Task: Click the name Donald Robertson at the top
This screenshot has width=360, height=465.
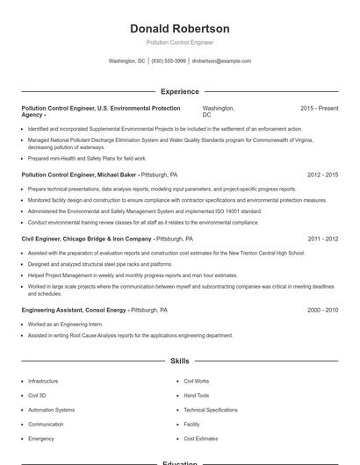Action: click(179, 29)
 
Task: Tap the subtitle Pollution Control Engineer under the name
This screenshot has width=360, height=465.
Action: click(179, 42)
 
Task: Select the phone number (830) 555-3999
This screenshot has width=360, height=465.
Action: click(169, 61)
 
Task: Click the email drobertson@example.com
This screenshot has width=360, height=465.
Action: click(221, 61)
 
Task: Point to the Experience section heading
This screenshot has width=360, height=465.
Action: click(179, 91)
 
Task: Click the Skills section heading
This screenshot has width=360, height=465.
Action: click(179, 361)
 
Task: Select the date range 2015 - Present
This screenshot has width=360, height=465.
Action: click(319, 108)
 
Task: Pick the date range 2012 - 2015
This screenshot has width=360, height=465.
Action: click(322, 175)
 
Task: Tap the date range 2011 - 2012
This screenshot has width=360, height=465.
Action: click(322, 239)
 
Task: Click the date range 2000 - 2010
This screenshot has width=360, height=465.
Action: click(322, 310)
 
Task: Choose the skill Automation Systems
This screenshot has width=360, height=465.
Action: click(51, 410)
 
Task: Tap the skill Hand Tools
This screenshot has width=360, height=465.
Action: click(197, 396)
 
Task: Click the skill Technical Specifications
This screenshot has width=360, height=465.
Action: click(210, 410)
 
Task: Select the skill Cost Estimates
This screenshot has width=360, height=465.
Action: click(200, 438)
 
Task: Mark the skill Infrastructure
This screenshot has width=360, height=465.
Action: click(43, 382)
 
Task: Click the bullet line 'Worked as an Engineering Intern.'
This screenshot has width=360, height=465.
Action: click(65, 325)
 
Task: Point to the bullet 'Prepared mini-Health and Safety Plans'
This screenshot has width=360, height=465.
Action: click(87, 158)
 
